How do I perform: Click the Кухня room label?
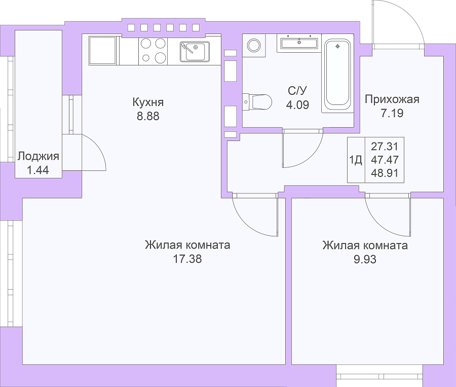point(148,102)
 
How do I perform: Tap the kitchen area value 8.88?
point(148,116)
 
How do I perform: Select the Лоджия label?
point(38,157)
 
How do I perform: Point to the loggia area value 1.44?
point(38,170)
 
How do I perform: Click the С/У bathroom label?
point(297,91)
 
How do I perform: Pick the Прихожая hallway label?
point(392,99)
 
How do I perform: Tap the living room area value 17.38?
point(187,259)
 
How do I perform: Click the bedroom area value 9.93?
point(365,259)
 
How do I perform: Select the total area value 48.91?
point(385,173)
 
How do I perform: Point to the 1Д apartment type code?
point(355,160)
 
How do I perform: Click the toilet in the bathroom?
point(257,101)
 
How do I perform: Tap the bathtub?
point(337,73)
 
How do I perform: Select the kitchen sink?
point(195,52)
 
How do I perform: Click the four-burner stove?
point(153,50)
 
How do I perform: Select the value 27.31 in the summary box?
point(385,146)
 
